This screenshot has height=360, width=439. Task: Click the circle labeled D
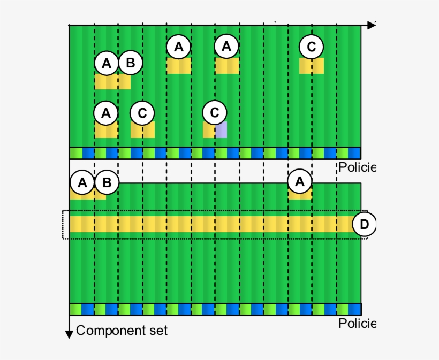pos(364,224)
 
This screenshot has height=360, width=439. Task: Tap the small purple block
pos(221,130)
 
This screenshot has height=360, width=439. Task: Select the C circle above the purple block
pos(215,113)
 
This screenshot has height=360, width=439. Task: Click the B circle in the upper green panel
pos(130,64)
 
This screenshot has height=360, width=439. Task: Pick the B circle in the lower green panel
pos(107,183)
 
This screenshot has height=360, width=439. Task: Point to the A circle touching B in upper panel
pos(107,64)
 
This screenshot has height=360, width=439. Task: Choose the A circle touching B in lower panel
pos(82,183)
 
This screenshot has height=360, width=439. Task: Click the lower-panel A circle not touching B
pos(300,183)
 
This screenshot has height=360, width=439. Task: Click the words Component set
pos(122,331)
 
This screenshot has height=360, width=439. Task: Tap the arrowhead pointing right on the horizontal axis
pos(371,25)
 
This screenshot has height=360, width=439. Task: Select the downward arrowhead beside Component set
pos(69,334)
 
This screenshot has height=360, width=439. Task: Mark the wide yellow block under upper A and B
pos(112,82)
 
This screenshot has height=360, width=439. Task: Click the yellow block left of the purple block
pos(209,130)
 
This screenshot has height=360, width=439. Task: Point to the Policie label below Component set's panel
pos(357,324)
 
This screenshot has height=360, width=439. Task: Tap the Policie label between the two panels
pos(357,167)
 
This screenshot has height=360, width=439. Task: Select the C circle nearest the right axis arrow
pos(312,47)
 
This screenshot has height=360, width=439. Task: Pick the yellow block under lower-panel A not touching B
pos(300,195)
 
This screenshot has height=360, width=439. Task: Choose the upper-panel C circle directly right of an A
pos(142,113)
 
